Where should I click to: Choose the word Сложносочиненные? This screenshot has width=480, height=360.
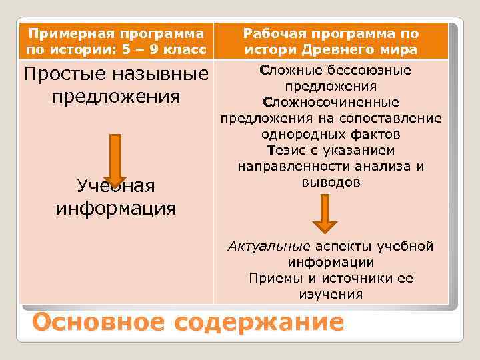click(331, 103)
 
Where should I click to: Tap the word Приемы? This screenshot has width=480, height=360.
click(275, 279)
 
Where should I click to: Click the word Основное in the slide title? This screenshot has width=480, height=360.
click(99, 323)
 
